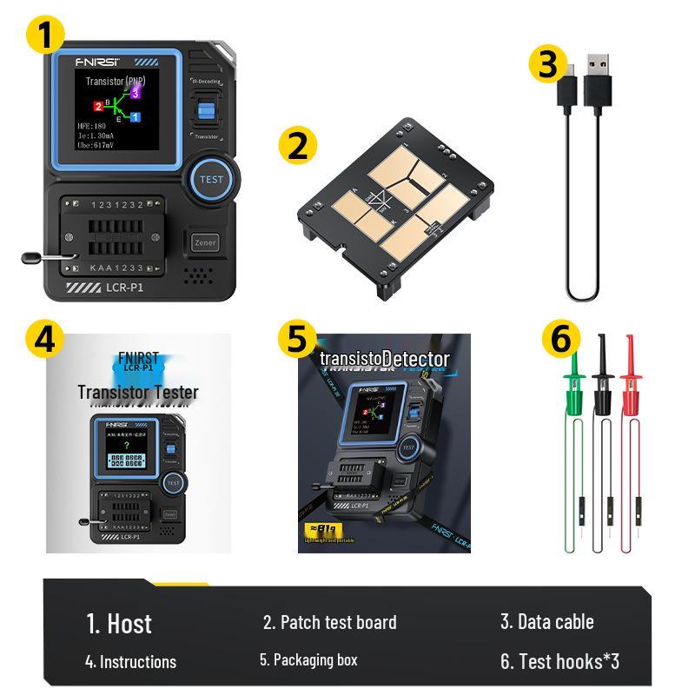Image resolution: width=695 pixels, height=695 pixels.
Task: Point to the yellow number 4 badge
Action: click(x=44, y=339)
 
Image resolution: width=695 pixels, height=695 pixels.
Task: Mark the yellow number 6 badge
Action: click(x=561, y=339)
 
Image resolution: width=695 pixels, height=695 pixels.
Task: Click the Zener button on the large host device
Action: click(x=205, y=243)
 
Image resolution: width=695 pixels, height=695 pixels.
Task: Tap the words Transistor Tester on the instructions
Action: click(x=137, y=392)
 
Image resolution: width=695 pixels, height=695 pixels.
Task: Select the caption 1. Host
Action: click(x=119, y=623)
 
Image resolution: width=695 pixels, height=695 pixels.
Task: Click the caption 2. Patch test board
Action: click(x=329, y=622)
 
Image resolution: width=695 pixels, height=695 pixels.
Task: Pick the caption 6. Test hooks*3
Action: click(x=559, y=661)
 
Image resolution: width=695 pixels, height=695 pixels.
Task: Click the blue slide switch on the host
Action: click(x=206, y=111)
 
